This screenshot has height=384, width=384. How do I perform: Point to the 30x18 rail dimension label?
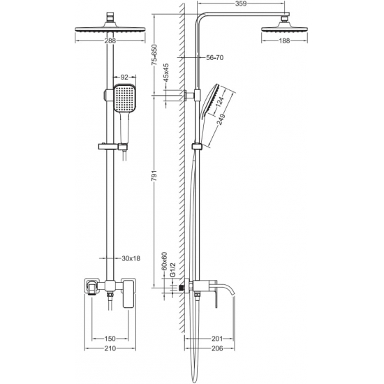pos(131,258)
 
